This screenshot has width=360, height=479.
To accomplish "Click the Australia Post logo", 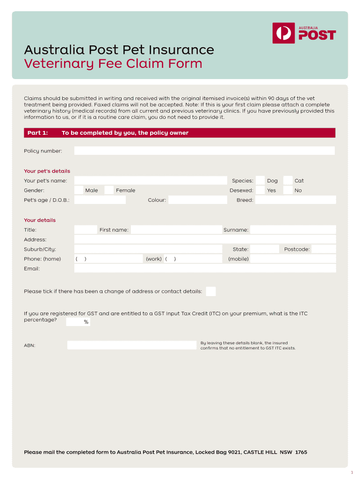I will tap(304, 33).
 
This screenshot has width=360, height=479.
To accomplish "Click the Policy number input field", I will tap(204, 151).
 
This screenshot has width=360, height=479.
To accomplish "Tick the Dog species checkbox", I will tap(260, 181).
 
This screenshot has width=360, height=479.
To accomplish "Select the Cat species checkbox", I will tap(288, 181).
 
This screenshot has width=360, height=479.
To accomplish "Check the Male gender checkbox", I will tap(79, 190).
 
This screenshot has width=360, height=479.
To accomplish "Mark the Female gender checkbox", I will tap(109, 190).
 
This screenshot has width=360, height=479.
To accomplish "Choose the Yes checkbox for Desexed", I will tap(260, 190).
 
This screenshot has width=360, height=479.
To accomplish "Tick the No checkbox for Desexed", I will tap(288, 190).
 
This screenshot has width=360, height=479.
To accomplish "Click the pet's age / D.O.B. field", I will tap(100, 200).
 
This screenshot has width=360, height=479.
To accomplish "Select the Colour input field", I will tap(197, 200).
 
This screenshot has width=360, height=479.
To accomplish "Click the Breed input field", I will tap(295, 200).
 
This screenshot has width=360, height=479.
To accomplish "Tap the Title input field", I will tap(86, 230).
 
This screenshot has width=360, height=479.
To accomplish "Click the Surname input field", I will tap(293, 230).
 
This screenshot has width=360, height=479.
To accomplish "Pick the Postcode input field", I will tap(324, 249).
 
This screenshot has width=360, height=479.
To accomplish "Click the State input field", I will tap(265, 249).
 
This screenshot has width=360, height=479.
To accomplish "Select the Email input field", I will tap(205, 269).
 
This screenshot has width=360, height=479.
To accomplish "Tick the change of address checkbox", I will tap(211, 291).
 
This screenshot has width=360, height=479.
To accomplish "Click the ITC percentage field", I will tap(75, 322).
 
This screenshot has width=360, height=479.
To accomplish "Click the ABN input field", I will tap(132, 345).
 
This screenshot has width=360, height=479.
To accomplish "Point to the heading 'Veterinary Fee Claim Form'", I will tap(113, 64).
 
